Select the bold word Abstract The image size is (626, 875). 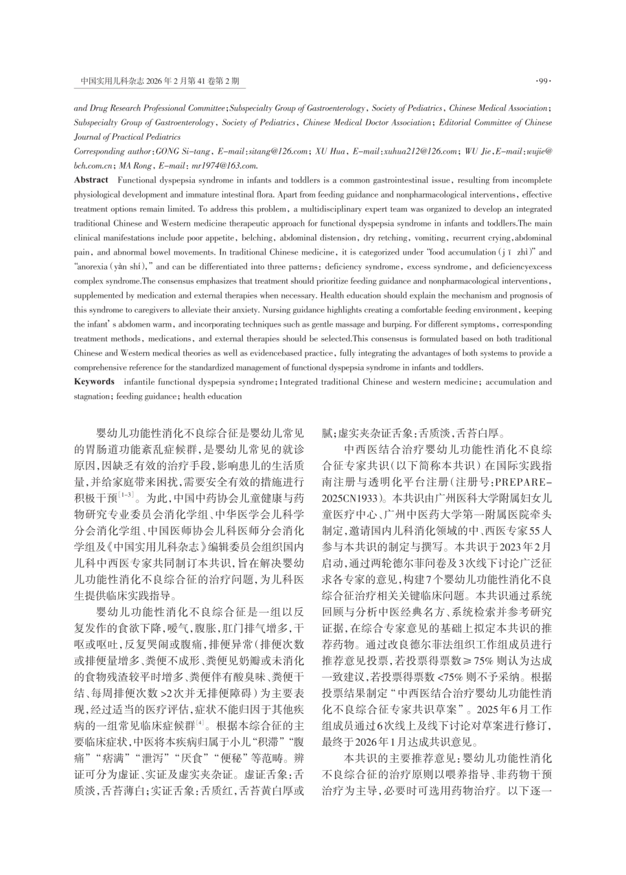pyautogui.click(x=91, y=180)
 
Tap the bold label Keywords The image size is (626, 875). pyautogui.click(x=94, y=382)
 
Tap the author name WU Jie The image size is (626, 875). pyautogui.click(x=478, y=151)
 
